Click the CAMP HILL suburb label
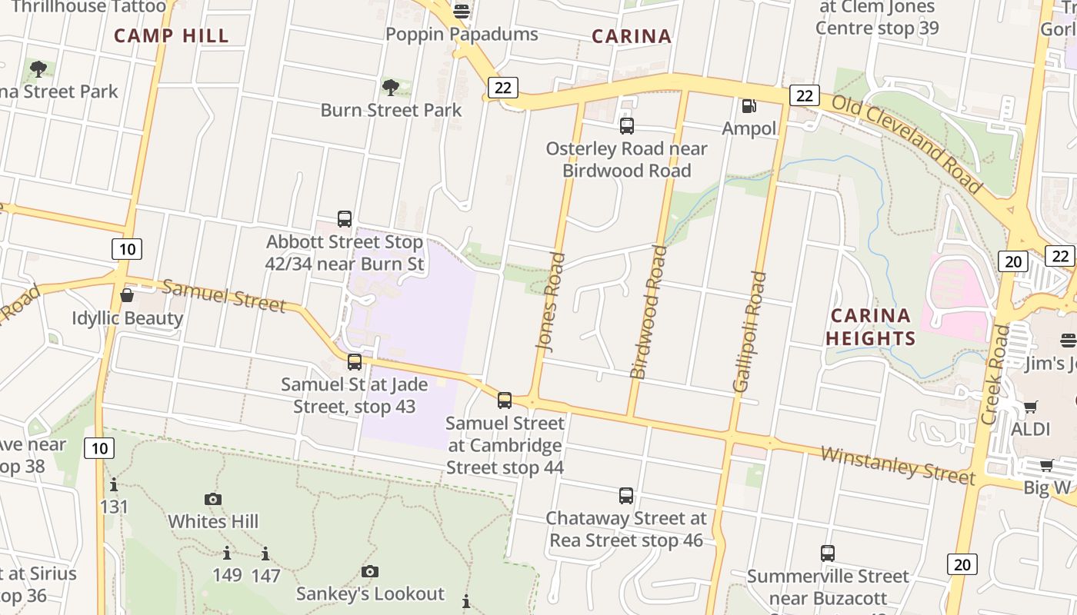171,35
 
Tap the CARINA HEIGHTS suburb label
871,327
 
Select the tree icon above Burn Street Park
391,87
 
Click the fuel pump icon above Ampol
749,106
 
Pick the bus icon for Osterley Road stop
627,125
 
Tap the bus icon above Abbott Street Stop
345,219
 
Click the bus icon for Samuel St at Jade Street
354,361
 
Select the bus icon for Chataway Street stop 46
626,496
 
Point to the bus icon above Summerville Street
828,553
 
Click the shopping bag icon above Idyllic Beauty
127,295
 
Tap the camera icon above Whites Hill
213,499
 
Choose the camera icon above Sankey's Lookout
370,571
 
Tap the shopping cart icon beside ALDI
1031,407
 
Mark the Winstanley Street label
898,464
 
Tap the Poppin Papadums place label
462,35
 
